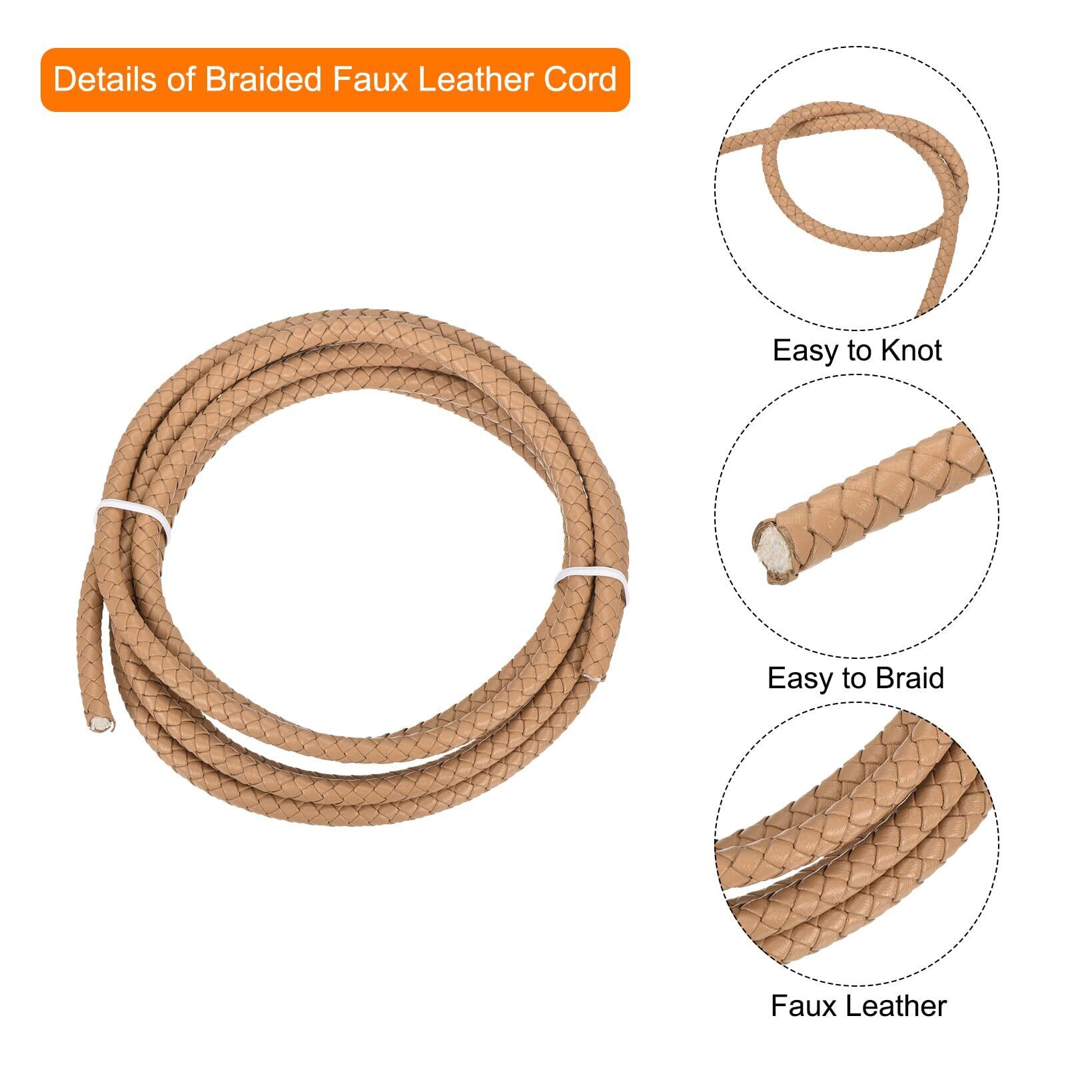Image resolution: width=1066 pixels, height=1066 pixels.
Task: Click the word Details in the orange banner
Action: pyautogui.click(x=101, y=79)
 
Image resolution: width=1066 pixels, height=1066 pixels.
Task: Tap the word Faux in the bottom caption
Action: pyautogui.click(x=801, y=1006)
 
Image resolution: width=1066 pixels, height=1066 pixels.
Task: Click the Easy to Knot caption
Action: pyautogui.click(x=857, y=350)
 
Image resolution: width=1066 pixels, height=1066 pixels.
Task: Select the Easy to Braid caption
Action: pyautogui.click(x=856, y=678)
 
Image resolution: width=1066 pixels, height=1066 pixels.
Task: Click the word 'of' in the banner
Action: pyautogui.click(x=181, y=79)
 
